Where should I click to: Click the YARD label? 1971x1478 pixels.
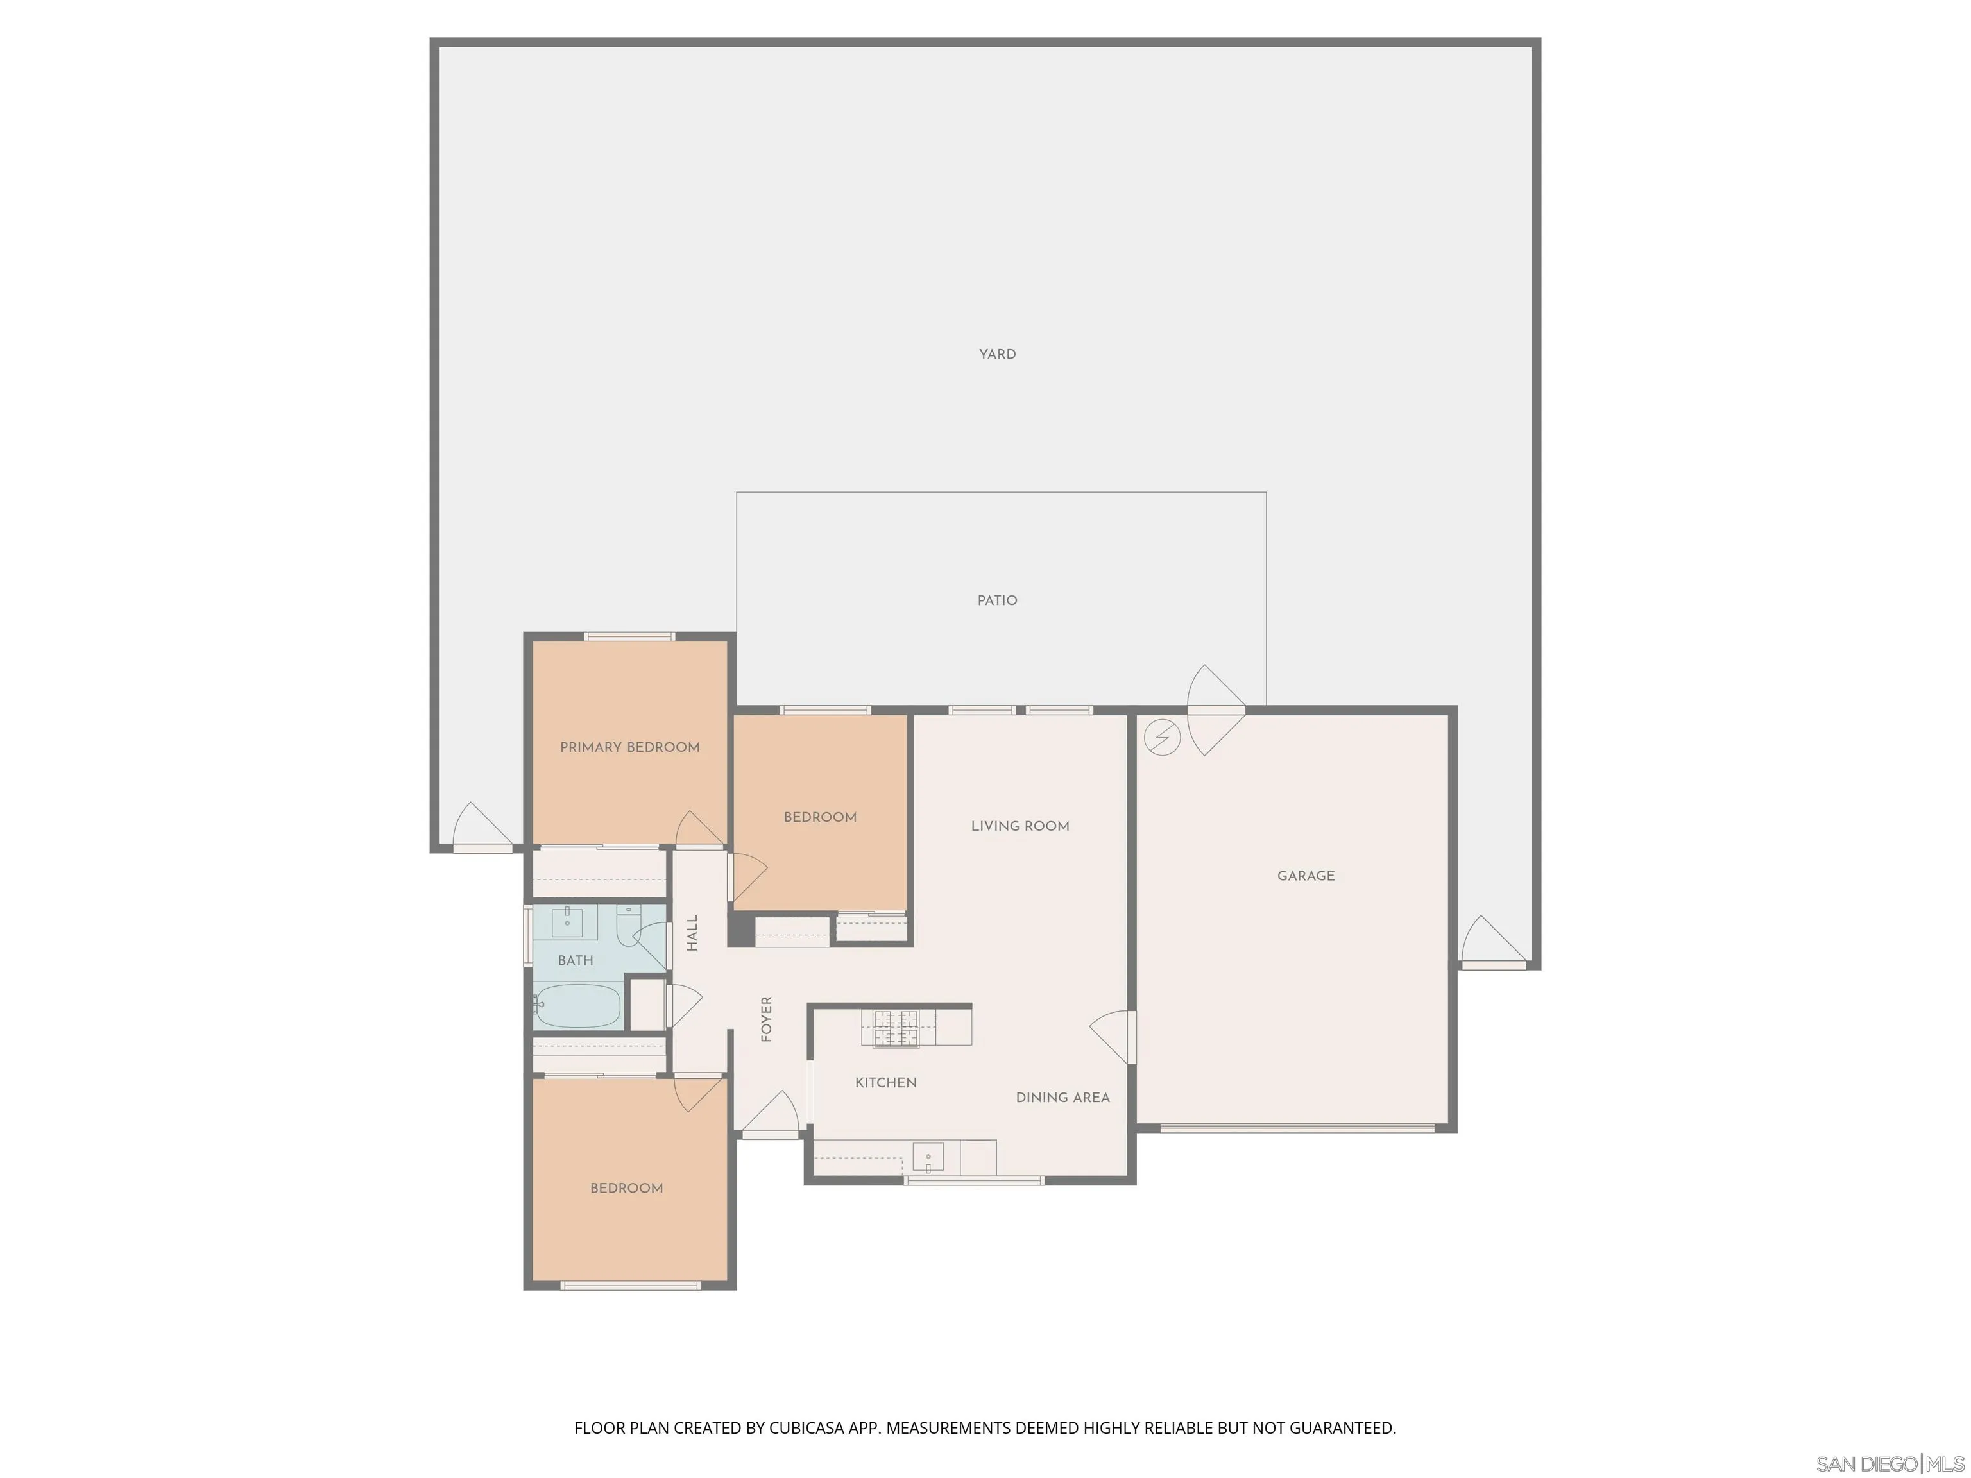[997, 353]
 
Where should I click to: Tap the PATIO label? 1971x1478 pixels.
[997, 600]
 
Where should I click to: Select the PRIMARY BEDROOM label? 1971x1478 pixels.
[629, 747]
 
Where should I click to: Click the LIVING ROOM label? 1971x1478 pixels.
[1020, 826]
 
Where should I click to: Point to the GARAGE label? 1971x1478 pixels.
[1306, 876]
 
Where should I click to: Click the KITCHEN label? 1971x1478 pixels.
[885, 1082]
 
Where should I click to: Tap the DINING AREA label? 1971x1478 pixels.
[1062, 1098]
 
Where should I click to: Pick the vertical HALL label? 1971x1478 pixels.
[692, 933]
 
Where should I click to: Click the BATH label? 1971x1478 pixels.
[575, 960]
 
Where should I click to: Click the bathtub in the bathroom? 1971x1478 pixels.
[577, 1005]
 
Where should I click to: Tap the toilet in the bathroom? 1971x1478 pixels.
[628, 919]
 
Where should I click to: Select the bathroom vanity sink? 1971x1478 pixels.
[568, 923]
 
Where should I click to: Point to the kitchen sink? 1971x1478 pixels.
[928, 1157]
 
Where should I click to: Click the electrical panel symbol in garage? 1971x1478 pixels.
[1162, 738]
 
